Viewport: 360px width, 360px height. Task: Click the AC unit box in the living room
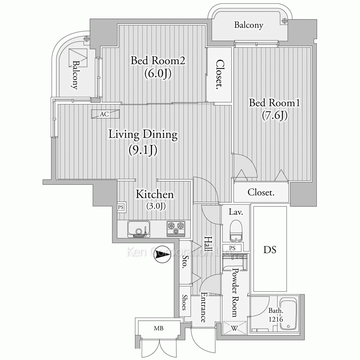pyautogui.click(x=105, y=114)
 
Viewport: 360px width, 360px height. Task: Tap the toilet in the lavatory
pyautogui.click(x=236, y=231)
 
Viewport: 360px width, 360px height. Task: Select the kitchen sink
pyautogui.click(x=139, y=229)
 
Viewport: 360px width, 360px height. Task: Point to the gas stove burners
pyautogui.click(x=176, y=229)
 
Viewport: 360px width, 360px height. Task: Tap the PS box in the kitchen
pyautogui.click(x=121, y=207)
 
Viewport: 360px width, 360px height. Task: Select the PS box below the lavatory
pyautogui.click(x=232, y=248)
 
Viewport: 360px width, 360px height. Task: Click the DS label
pyautogui.click(x=270, y=249)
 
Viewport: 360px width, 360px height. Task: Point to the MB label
pyautogui.click(x=159, y=329)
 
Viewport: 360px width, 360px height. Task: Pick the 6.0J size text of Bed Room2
pyautogui.click(x=158, y=73)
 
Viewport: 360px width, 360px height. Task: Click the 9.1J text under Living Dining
pyautogui.click(x=143, y=150)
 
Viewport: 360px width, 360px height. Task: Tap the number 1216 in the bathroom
pyautogui.click(x=276, y=319)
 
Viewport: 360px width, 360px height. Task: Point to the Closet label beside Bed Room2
pyautogui.click(x=220, y=75)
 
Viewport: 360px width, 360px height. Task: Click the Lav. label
pyautogui.click(x=236, y=212)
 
